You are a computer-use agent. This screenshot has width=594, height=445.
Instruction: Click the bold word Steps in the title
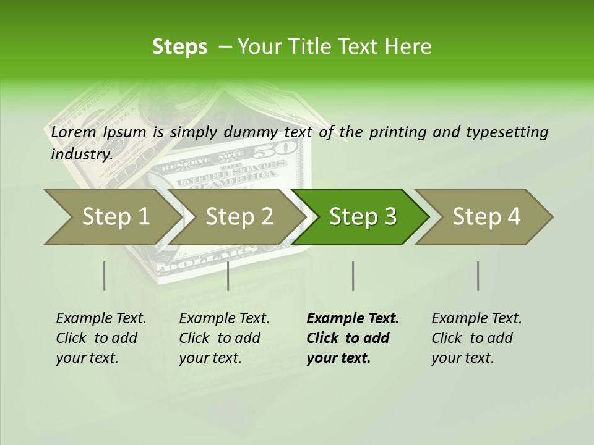pos(179,47)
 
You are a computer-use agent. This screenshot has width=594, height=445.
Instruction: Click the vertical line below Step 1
pos(104,276)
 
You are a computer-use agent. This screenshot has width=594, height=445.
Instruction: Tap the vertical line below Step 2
pos(228,276)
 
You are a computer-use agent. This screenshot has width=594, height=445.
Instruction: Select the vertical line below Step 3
pos(353,276)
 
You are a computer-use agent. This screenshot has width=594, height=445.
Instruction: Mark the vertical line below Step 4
pos(478,276)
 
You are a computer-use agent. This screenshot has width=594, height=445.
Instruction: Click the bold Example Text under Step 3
pos(352,338)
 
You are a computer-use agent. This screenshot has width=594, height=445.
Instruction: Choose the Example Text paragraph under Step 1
pos(101,338)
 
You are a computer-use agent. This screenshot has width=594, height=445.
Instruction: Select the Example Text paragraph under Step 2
pos(224,338)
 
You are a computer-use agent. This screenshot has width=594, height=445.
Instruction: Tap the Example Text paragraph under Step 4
pos(476,338)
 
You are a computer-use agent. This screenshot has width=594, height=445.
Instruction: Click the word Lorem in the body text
pos(74,132)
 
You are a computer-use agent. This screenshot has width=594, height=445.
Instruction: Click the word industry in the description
pos(82,155)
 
